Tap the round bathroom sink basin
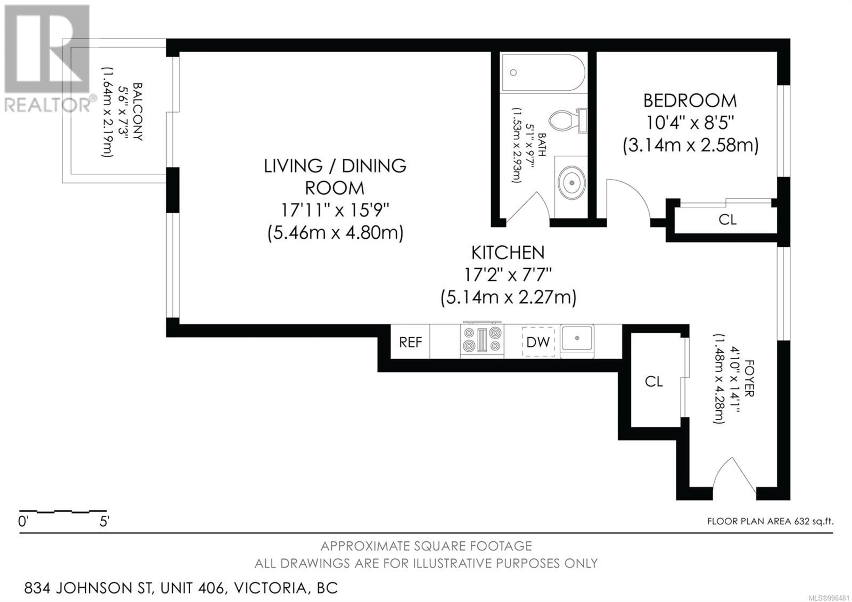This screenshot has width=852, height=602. coord(572,183)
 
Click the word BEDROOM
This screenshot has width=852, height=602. coord(690,101)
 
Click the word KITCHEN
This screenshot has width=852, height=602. coord(508,253)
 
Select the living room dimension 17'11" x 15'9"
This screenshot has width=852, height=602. coord(335,211)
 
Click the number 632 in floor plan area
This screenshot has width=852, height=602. coord(802,521)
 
